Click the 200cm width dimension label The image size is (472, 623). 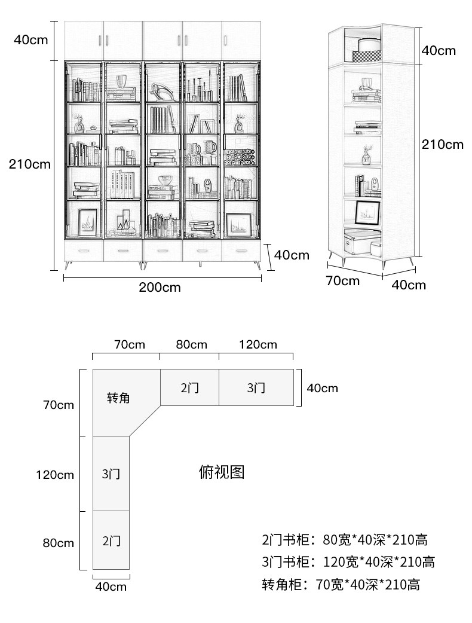tap(160, 287)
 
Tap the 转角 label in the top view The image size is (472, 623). tap(118, 398)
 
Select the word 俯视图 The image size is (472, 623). tap(222, 472)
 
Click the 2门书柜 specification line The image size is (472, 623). tap(345, 539)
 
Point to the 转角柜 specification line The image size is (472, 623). tap(341, 585)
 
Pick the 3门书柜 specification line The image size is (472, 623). tap(348, 562)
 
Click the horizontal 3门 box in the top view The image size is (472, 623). tap(256, 387)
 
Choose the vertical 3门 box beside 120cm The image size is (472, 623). tap(111, 474)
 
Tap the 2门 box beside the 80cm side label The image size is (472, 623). tap(111, 540)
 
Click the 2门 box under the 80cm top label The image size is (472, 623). tap(190, 387)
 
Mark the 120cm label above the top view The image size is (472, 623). tap(258, 344)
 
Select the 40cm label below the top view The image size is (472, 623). tap(111, 587)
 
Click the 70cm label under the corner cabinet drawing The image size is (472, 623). tap(342, 281)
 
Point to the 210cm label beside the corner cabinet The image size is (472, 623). tap(443, 144)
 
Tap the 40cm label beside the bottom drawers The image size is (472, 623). tap(292, 255)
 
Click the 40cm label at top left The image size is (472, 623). tap(30, 39)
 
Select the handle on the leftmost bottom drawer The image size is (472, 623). tap(84, 251)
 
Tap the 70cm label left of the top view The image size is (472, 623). tap(59, 405)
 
